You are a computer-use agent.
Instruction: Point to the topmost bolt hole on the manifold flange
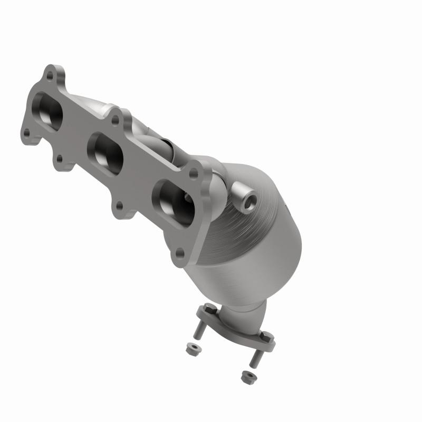[50, 75]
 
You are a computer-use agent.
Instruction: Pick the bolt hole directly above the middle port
[115, 120]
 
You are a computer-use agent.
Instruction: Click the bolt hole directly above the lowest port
[194, 172]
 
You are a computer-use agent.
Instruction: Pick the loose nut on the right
[245, 377]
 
